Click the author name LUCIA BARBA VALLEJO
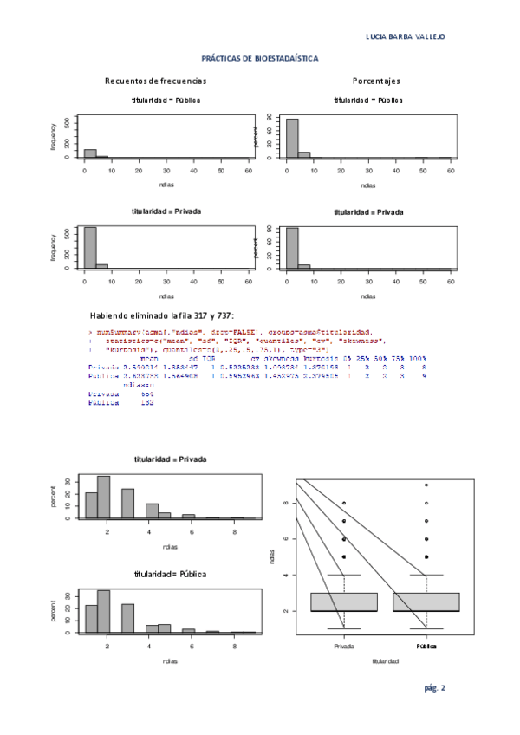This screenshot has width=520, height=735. [x=406, y=36]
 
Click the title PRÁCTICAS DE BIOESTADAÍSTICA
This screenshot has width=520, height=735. [x=260, y=59]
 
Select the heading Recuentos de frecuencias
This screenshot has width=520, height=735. [x=156, y=81]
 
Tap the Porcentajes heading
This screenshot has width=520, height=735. [x=376, y=81]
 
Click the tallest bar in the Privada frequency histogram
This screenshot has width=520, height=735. [x=90, y=248]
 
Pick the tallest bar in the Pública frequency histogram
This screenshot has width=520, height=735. [x=90, y=153]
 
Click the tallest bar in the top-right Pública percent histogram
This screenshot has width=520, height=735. [x=292, y=138]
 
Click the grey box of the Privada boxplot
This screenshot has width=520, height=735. [x=344, y=602]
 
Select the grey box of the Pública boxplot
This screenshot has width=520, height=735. [x=426, y=602]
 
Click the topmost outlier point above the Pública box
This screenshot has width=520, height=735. [x=426, y=485]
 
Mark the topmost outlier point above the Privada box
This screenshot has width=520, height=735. [x=344, y=503]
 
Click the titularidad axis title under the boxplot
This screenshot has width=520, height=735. [x=385, y=661]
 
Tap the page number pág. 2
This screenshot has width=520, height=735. [x=434, y=688]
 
